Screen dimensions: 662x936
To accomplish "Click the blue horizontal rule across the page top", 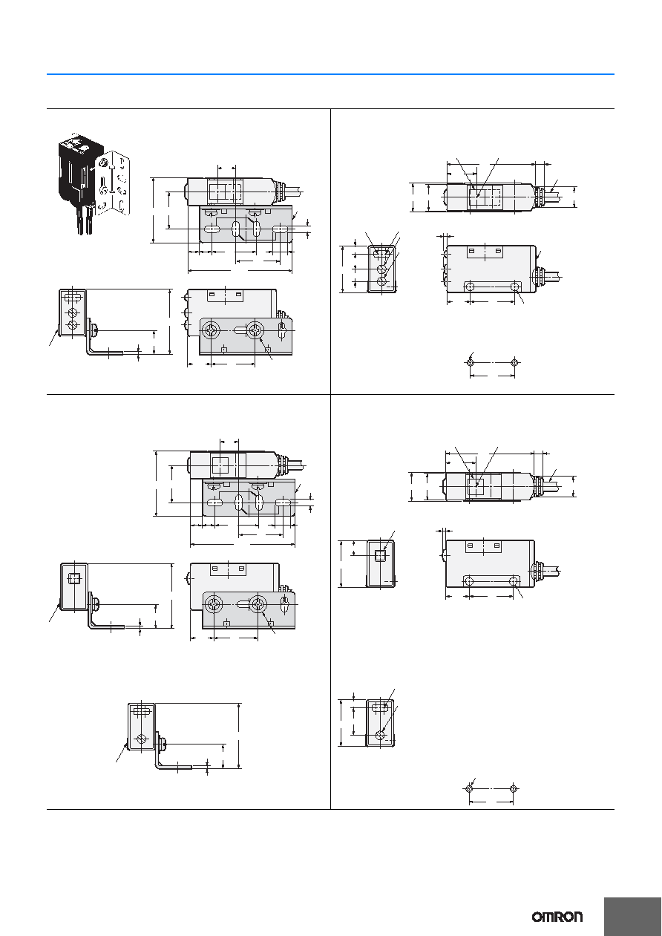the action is [330, 74].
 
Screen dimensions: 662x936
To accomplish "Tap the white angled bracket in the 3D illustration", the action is [113, 182].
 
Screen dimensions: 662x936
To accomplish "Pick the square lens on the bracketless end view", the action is [380, 556].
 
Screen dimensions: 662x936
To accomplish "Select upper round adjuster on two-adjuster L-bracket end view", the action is [73, 312].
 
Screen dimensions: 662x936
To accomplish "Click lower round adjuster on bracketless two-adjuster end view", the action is [381, 281].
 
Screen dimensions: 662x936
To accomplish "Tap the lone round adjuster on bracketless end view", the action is [380, 736].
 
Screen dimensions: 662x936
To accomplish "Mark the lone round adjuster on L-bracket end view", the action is [142, 739].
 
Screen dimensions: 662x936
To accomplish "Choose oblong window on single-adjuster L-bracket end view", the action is [142, 710].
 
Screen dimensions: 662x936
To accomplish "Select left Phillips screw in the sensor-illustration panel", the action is [210, 330].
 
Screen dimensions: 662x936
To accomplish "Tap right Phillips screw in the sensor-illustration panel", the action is [255, 330].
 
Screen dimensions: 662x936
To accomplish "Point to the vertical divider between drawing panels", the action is [330, 459].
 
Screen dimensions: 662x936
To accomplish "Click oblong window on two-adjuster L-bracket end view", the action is [73, 297].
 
